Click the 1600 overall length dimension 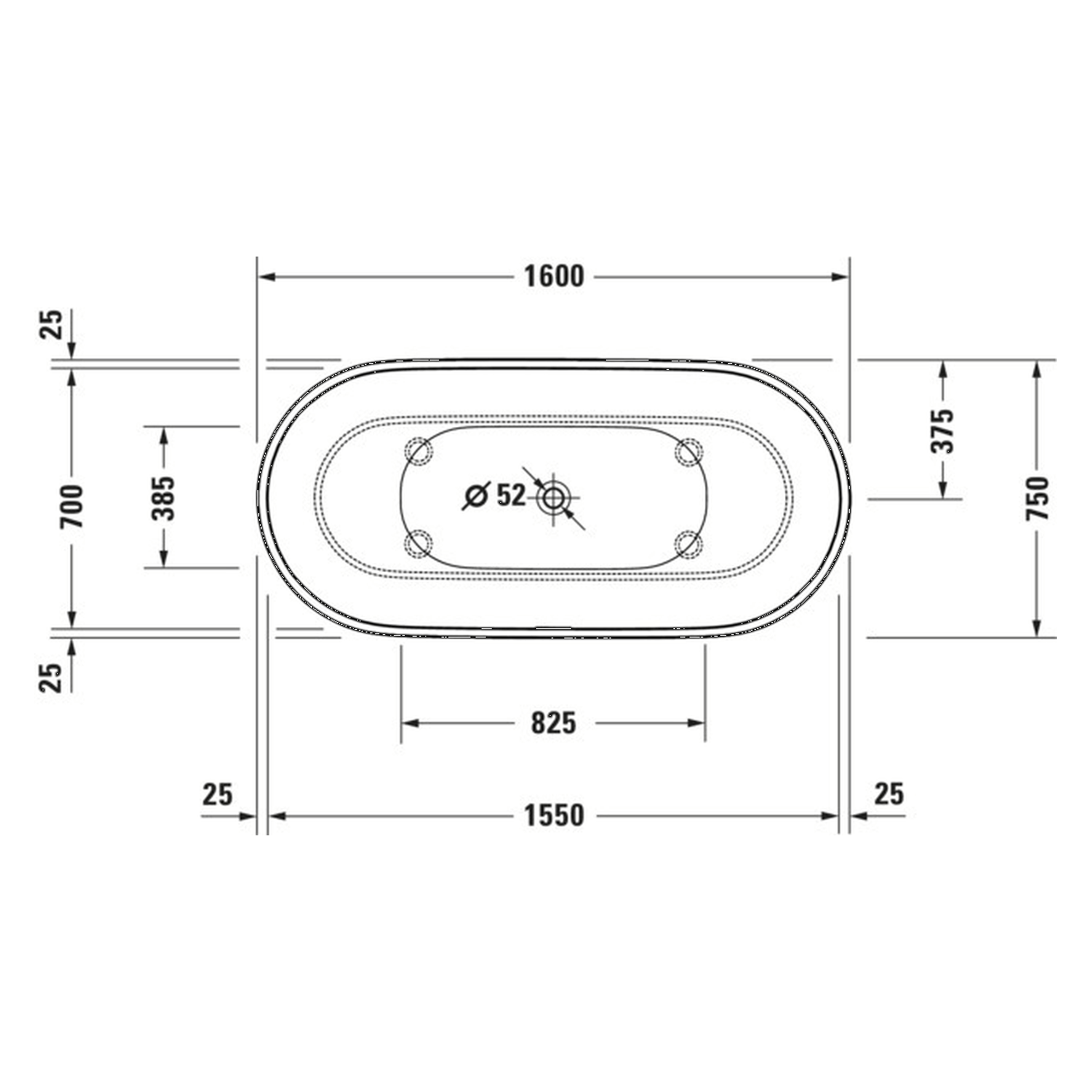[x=553, y=277]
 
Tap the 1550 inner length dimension [x=553, y=816]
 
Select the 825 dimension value [x=553, y=723]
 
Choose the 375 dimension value [x=944, y=430]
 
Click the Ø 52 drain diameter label [x=495, y=495]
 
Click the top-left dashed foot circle [x=419, y=452]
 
